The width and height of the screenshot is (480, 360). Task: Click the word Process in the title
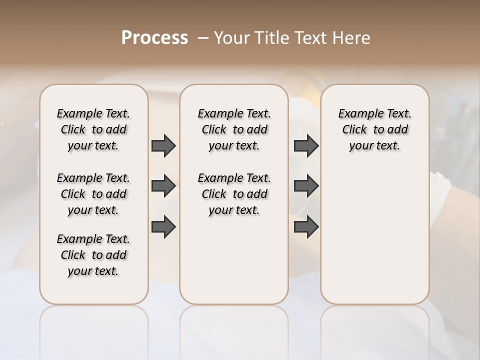[154, 38]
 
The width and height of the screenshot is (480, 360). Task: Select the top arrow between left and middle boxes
[163, 145]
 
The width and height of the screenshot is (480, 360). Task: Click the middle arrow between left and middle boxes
[163, 186]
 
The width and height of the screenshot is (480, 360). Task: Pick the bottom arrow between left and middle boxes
[163, 226]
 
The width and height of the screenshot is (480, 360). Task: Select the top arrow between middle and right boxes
[306, 145]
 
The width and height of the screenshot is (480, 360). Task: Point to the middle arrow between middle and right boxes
[306, 186]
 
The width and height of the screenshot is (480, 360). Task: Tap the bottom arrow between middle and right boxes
[306, 226]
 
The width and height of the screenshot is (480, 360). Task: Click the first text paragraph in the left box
[93, 129]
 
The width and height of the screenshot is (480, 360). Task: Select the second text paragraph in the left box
[93, 194]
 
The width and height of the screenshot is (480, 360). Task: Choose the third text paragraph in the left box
[93, 255]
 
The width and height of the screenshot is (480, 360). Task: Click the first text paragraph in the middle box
[234, 129]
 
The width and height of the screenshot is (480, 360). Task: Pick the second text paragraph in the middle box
[234, 194]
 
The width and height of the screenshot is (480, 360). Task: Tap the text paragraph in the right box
[375, 129]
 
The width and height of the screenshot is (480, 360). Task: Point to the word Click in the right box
[354, 130]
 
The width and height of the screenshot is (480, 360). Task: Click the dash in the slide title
[203, 38]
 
